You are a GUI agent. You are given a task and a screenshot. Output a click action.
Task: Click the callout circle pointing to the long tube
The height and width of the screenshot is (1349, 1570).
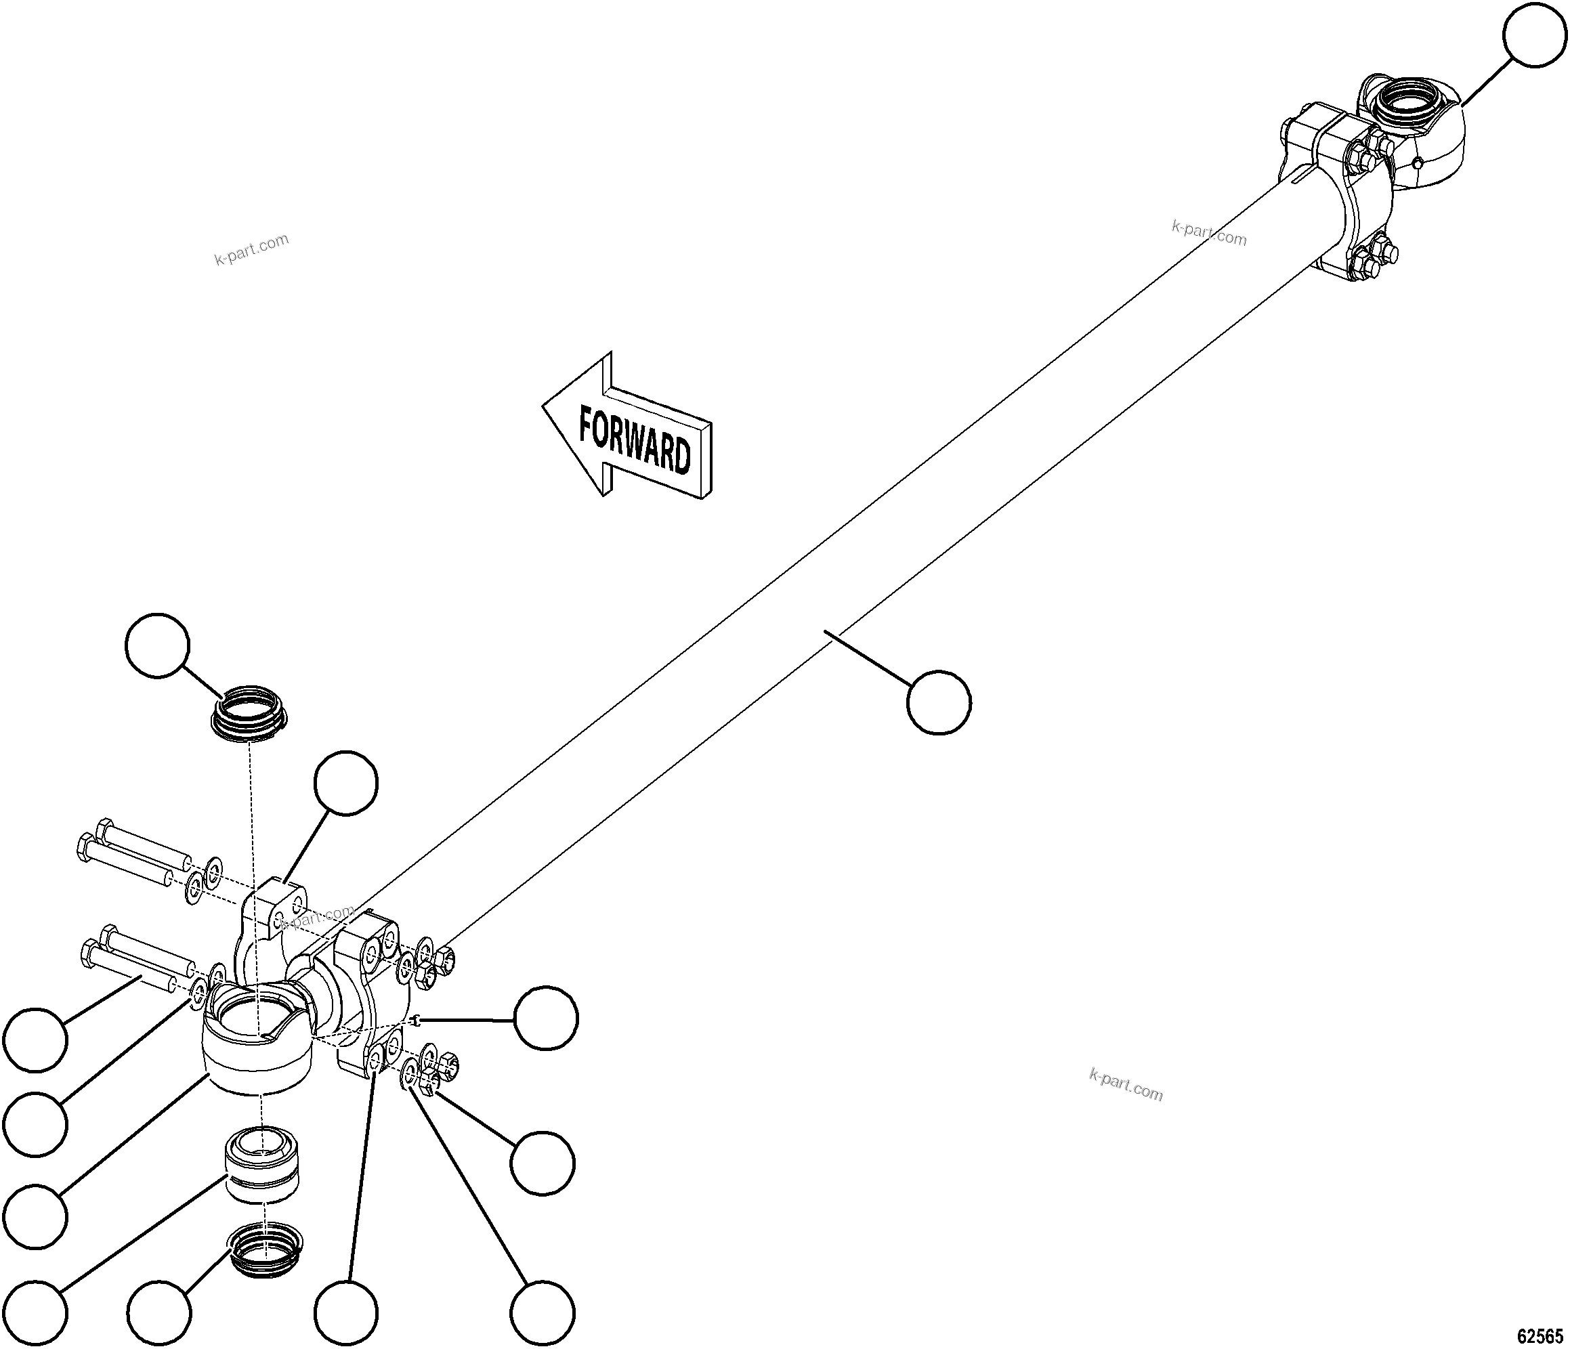click(939, 702)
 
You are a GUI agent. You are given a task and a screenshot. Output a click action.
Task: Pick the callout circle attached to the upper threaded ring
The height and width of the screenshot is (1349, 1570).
click(157, 645)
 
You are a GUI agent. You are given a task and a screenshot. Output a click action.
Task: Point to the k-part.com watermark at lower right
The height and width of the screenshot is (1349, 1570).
click(1125, 1084)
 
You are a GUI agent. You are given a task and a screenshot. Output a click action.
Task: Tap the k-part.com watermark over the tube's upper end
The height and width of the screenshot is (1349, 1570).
click(1208, 232)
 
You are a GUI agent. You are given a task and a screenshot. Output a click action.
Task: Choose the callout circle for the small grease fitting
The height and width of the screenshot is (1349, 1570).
click(545, 1018)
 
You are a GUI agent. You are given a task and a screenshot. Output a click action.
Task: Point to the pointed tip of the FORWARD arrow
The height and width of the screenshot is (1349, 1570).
click(544, 404)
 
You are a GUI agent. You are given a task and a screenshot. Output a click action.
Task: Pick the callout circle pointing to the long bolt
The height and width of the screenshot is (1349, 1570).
click(35, 1040)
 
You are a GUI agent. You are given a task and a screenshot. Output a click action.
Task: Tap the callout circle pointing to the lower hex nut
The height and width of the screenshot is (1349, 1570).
click(542, 1163)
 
